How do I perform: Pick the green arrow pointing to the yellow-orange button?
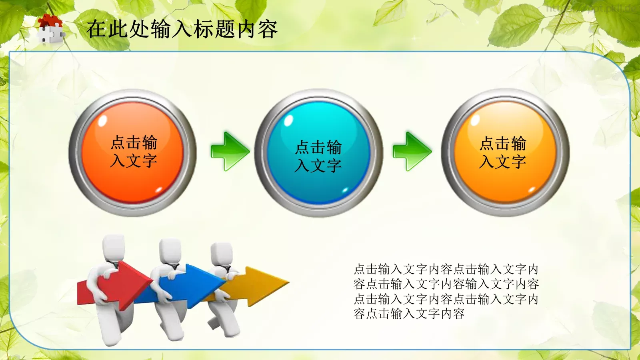(x=412, y=151)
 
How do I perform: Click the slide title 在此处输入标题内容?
(x=182, y=29)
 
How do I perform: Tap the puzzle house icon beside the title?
(x=50, y=29)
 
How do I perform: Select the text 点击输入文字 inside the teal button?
(x=318, y=156)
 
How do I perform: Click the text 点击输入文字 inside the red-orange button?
(x=134, y=152)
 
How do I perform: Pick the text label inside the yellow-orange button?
(x=503, y=152)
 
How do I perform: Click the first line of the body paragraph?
(x=446, y=269)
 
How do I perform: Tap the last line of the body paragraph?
(x=409, y=314)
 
